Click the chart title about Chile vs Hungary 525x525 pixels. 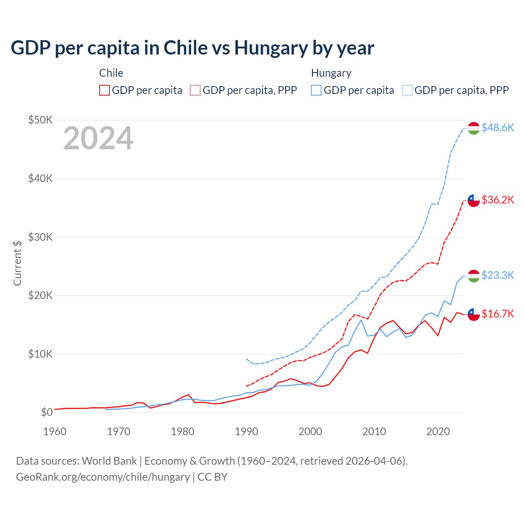[x=192, y=48]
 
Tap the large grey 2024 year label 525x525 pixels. [x=98, y=138]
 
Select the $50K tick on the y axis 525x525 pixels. [x=40, y=120]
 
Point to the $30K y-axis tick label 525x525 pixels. [x=40, y=237]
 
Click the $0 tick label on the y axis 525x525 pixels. [x=47, y=412]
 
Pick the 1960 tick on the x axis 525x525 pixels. [x=55, y=431]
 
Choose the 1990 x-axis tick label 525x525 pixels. [x=247, y=431]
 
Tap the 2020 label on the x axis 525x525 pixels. [x=438, y=431]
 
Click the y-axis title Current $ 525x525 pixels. [x=17, y=263]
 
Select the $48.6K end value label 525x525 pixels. [x=498, y=128]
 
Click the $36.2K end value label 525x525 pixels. [x=498, y=200]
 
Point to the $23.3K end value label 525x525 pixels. [x=498, y=275]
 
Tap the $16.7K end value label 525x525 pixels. [x=498, y=314]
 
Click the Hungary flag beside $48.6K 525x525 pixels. [x=474, y=128]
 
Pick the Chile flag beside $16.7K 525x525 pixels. [x=474, y=314]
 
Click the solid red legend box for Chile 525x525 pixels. [x=105, y=90]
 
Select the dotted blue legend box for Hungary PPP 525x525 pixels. [x=407, y=90]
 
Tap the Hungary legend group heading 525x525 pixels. [x=331, y=73]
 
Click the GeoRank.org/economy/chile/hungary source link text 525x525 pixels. [x=103, y=477]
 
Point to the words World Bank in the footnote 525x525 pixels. [x=109, y=461]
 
